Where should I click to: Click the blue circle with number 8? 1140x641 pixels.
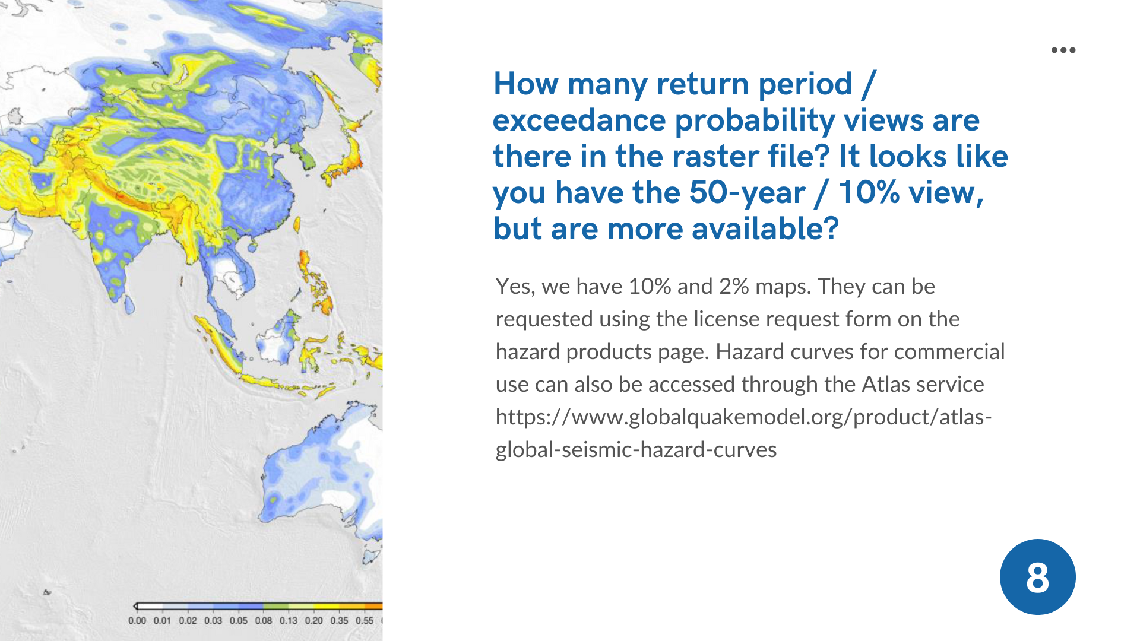(x=1037, y=577)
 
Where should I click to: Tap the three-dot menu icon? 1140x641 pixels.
(x=1063, y=50)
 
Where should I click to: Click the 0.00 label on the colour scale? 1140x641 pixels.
(x=137, y=621)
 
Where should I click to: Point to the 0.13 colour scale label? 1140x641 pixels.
(x=289, y=621)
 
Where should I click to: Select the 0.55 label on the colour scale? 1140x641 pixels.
(x=365, y=621)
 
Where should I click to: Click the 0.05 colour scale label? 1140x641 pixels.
(x=238, y=621)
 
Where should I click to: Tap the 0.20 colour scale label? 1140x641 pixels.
(x=314, y=621)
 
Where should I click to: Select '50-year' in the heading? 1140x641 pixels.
(x=746, y=193)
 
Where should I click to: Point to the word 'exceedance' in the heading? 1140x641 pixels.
(x=579, y=120)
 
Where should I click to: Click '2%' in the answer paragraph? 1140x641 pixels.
(x=734, y=287)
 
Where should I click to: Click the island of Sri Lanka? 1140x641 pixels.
(x=129, y=303)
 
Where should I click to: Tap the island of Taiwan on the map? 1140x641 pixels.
(x=297, y=225)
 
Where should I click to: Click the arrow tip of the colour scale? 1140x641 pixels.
(x=135, y=607)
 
